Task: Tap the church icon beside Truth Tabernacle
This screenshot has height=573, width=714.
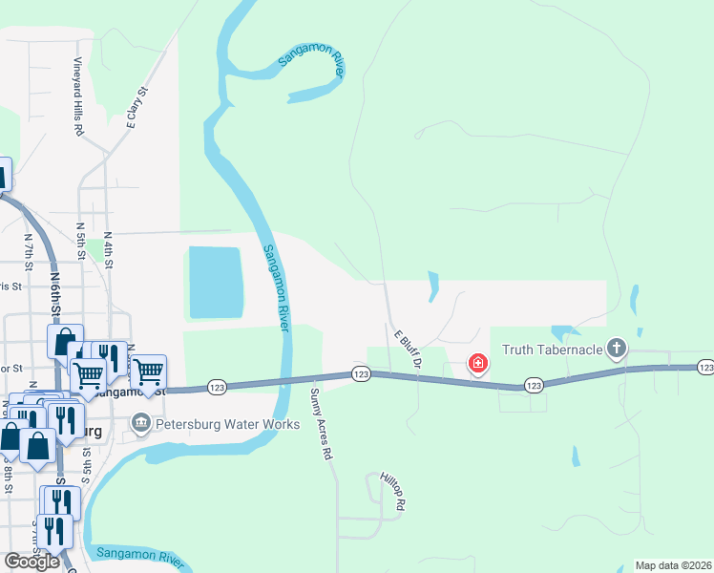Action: (618, 349)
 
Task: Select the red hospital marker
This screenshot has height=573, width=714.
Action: (476, 363)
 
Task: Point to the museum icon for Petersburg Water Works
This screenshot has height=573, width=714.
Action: (141, 421)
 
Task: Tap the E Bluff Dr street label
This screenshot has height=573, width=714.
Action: (408, 349)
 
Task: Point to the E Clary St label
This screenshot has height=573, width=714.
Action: (138, 107)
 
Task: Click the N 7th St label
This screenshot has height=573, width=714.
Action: (29, 250)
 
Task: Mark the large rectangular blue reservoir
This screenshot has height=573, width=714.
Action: (216, 282)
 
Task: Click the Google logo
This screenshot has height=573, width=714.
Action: (32, 562)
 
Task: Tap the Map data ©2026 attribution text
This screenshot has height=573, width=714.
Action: (674, 565)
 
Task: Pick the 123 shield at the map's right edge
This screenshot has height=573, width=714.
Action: (705, 367)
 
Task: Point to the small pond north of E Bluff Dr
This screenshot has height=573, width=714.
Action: (433, 286)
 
